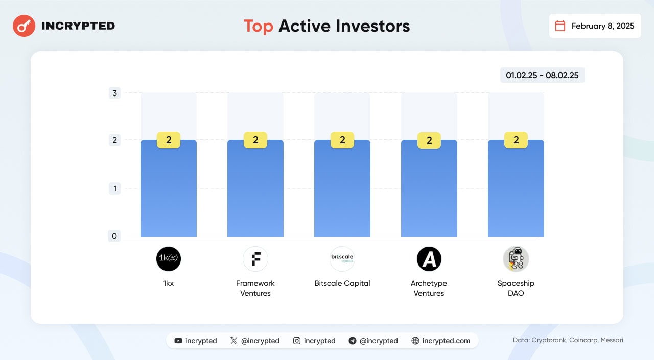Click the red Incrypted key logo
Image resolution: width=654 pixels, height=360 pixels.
(24, 26)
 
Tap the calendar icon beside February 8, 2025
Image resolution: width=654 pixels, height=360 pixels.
(560, 26)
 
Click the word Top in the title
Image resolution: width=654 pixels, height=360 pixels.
(259, 26)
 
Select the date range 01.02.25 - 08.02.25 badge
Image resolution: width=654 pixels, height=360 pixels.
(542, 75)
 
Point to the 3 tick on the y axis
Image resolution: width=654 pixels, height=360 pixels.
(114, 93)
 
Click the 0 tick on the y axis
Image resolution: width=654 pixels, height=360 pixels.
(114, 236)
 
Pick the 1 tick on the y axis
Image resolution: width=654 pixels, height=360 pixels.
(115, 189)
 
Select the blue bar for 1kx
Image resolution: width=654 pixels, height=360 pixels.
(169, 188)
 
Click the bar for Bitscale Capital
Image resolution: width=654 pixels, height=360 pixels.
(342, 188)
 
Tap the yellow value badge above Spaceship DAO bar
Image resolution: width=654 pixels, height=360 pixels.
(516, 140)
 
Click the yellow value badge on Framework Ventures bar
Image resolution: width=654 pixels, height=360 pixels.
(255, 140)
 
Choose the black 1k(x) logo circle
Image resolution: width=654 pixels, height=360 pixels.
(169, 259)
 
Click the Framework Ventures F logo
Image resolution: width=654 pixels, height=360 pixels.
(255, 259)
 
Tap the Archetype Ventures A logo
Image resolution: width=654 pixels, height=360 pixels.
(429, 259)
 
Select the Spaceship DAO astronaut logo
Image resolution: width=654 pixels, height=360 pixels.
(516, 259)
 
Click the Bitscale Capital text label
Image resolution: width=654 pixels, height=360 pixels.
(342, 283)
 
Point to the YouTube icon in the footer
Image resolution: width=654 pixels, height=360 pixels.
(178, 341)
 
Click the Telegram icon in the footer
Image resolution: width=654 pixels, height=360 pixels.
(353, 341)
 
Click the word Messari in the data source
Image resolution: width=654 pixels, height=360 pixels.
(612, 340)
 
